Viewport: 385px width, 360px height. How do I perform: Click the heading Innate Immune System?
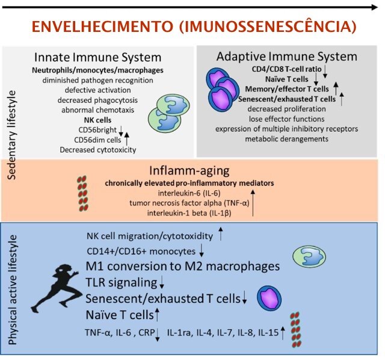98,58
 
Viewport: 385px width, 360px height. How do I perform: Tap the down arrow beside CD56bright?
121,130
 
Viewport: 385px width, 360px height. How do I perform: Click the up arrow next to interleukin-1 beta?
253,202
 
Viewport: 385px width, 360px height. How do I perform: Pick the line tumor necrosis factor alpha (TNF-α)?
188,203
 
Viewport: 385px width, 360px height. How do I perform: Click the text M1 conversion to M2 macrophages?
183,266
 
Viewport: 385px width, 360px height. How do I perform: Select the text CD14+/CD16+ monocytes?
140,250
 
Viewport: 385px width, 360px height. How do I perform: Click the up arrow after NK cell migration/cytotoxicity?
221,234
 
